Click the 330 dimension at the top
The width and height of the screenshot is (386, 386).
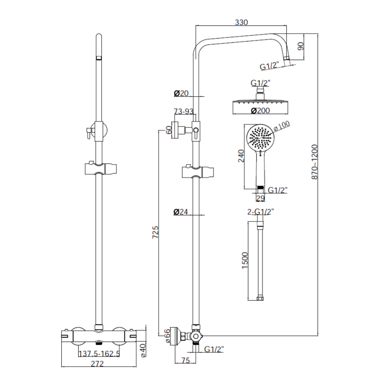tap(241, 22)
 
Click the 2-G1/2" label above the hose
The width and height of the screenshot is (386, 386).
tap(261, 212)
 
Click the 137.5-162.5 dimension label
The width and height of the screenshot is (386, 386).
tap(98, 354)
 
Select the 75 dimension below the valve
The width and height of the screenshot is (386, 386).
tap(186, 360)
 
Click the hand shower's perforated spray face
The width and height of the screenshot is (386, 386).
tap(260, 137)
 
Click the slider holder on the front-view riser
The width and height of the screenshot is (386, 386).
tap(101, 168)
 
